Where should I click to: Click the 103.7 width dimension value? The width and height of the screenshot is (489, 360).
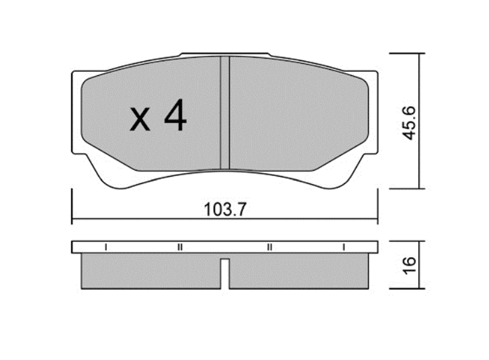point(225,210)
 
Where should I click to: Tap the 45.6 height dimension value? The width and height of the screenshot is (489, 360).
point(409,123)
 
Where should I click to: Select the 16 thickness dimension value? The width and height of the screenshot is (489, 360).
point(409,265)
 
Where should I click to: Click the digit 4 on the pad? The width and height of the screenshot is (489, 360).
point(175,115)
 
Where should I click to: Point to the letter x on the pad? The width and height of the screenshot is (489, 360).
point(140,119)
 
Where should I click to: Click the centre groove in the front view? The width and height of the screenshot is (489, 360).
point(225,113)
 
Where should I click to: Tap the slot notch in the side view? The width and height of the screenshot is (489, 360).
point(225,273)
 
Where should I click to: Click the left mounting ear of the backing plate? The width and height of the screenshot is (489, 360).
point(77,112)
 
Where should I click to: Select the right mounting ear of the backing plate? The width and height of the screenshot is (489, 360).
point(373,112)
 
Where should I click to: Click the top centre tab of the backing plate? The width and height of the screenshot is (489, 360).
point(225,54)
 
